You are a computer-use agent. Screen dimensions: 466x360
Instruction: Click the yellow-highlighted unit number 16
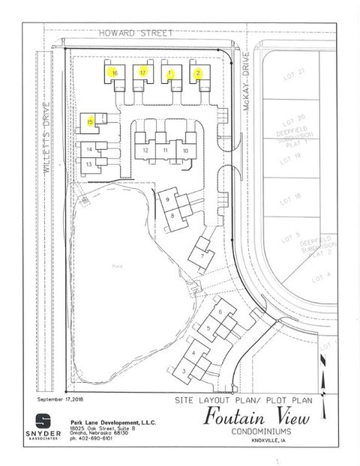[x=113, y=73]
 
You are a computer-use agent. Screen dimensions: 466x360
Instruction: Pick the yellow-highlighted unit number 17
[x=142, y=72]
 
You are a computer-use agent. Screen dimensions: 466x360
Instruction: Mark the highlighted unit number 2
[x=197, y=73]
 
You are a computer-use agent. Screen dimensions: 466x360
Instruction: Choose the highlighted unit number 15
[x=90, y=121]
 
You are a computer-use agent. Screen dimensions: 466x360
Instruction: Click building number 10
[x=185, y=150]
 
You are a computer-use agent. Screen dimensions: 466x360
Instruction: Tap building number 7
[x=202, y=255]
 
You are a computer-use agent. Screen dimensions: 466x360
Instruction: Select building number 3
[x=184, y=370]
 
